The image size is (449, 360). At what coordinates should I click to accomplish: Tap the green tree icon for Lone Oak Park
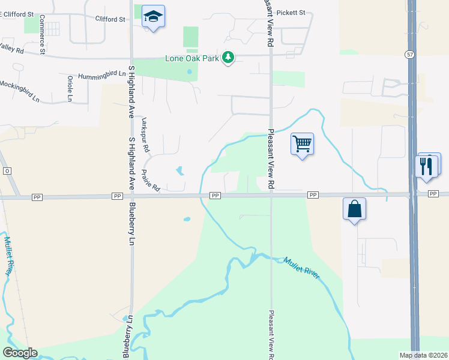[x=228, y=58]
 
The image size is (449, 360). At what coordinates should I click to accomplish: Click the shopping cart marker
[x=302, y=143]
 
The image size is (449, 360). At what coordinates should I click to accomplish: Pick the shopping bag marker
[x=355, y=209]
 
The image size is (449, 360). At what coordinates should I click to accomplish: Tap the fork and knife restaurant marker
[x=427, y=165]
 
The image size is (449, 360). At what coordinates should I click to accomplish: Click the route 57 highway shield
[x=409, y=54]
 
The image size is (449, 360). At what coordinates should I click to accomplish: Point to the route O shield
[x=7, y=171]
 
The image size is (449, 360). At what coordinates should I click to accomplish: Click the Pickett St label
[x=293, y=13]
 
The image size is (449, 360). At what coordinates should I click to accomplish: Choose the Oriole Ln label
[x=70, y=88]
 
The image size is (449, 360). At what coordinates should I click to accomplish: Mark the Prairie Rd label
[x=150, y=181]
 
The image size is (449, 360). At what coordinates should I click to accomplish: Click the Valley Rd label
[x=11, y=48]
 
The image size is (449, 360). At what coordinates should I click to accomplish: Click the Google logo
[x=20, y=353]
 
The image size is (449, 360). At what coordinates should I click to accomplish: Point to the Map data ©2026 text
[x=423, y=355]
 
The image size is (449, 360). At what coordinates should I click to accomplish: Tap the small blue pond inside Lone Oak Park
[x=189, y=72]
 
